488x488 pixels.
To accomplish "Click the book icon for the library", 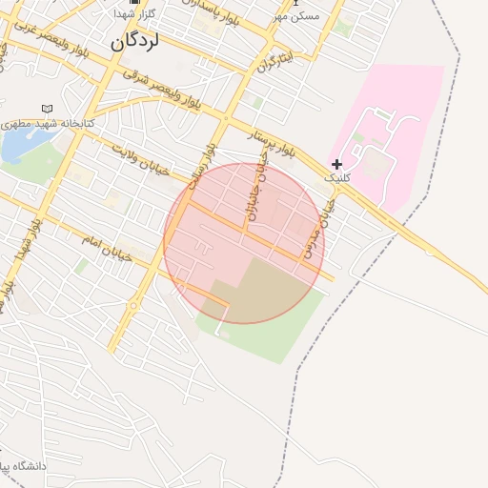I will pos(46,110).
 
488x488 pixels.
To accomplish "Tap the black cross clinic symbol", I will pos(336,164).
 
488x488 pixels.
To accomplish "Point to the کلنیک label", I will pos(337,178).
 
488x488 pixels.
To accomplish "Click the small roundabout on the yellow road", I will pos(132,305).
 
